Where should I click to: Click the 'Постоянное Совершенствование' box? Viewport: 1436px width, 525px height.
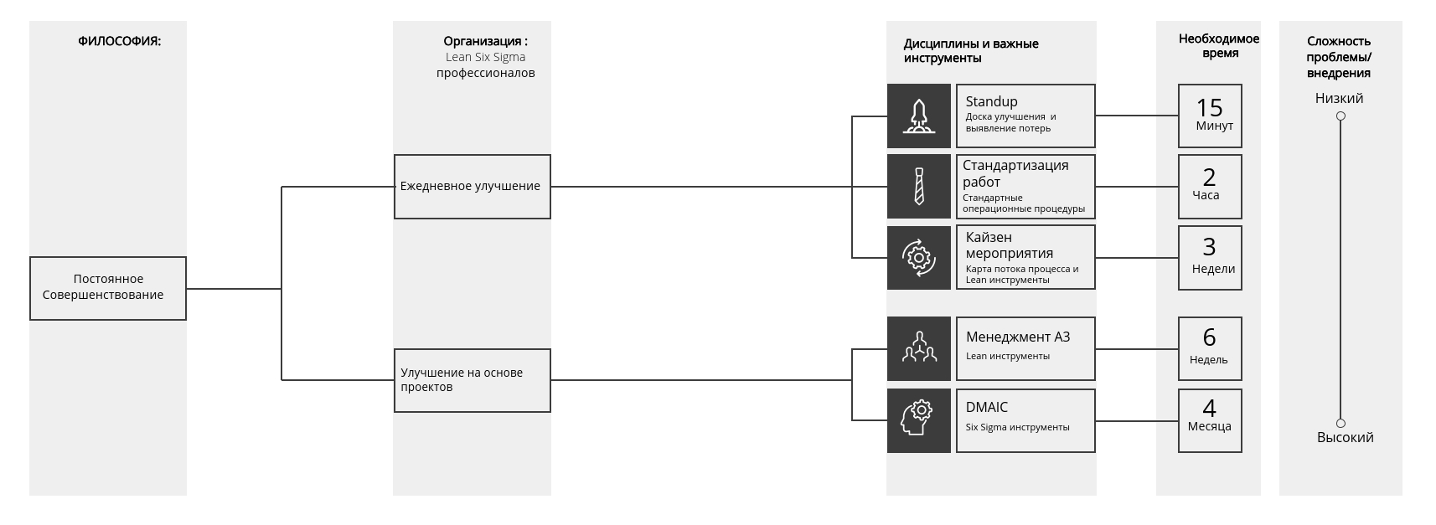pos(107,288)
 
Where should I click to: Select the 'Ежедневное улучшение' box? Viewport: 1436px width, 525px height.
pos(472,187)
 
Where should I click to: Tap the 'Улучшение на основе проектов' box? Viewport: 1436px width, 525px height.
pos(472,380)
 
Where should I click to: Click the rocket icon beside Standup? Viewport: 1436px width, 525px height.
pos(918,116)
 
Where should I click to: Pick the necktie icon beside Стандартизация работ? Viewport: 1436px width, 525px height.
pos(918,186)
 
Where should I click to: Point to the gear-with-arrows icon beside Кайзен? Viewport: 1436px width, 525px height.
pos(918,257)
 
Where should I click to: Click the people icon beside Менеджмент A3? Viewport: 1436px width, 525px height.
pos(918,348)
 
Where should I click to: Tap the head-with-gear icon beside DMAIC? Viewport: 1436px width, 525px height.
pos(918,419)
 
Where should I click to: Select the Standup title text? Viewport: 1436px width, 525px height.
pos(991,101)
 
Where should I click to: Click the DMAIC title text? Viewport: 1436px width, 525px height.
pos(986,407)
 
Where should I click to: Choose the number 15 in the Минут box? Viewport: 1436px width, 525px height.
pos(1209,108)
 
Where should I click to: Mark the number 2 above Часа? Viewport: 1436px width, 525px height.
pos(1209,178)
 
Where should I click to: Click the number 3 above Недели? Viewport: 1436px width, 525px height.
pos(1209,247)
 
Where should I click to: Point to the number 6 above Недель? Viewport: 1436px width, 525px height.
pos(1209,337)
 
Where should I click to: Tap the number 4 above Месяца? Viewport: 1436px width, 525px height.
pos(1209,408)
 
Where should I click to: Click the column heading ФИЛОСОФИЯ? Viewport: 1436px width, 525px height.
pos(119,41)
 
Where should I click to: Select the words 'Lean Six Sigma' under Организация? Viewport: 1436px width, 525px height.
pos(485,57)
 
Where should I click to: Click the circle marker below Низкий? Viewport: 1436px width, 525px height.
pos(1340,116)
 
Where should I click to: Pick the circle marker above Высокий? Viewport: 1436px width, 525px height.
pos(1340,424)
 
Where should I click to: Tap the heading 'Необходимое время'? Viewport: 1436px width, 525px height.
pos(1218,46)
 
